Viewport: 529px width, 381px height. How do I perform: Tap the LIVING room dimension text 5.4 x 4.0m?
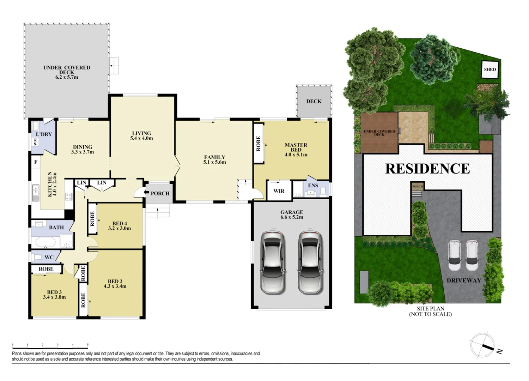(x=141, y=138)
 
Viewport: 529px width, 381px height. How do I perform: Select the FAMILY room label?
(x=214, y=157)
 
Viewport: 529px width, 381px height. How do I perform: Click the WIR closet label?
(x=279, y=191)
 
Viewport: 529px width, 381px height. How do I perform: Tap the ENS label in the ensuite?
(x=313, y=186)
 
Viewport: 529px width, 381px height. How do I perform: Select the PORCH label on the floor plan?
(x=160, y=193)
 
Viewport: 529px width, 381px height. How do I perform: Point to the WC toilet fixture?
(x=36, y=257)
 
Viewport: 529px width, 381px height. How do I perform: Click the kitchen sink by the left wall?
(x=36, y=193)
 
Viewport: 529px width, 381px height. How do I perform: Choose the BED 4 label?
(x=120, y=223)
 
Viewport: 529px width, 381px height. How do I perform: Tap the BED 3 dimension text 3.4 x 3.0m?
(x=54, y=297)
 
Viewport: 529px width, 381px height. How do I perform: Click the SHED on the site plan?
(x=490, y=69)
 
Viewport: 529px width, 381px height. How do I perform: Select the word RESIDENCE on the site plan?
(x=427, y=169)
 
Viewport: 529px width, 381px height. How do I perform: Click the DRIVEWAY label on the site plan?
(x=464, y=280)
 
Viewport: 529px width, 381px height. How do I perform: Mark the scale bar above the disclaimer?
(x=50, y=345)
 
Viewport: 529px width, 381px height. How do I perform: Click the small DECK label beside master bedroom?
(x=314, y=101)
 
